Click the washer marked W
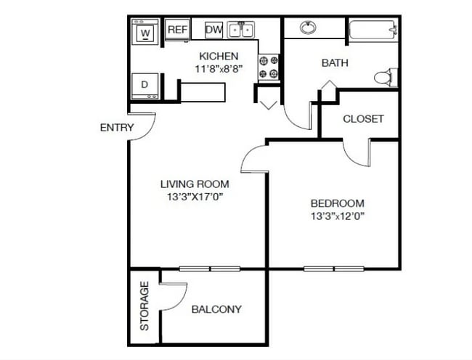[x=145, y=32]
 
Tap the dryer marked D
[x=145, y=86]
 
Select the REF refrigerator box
[x=178, y=30]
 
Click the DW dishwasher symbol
[x=213, y=30]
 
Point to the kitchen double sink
[x=241, y=30]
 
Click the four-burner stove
[x=269, y=67]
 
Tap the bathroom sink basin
[x=308, y=28]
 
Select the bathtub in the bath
[x=373, y=29]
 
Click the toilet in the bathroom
[x=386, y=78]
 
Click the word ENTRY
[x=117, y=128]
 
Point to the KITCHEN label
[x=219, y=56]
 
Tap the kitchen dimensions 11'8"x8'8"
[x=219, y=69]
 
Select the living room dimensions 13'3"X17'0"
[x=195, y=197]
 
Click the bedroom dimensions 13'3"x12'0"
[x=338, y=216]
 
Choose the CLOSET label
[x=363, y=119]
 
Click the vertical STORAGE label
[x=145, y=306]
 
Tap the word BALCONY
[x=216, y=309]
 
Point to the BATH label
[x=335, y=63]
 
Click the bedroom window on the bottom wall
[x=334, y=269]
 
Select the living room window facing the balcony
[x=210, y=269]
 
